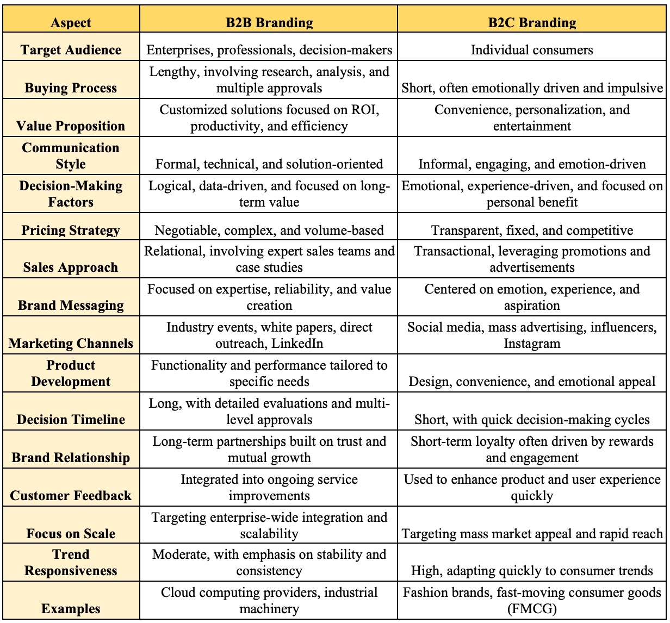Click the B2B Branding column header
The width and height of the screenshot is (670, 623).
(x=269, y=23)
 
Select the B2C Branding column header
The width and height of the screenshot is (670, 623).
(x=532, y=23)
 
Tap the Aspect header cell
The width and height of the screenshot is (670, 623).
(x=71, y=23)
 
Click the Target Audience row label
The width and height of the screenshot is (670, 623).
(x=71, y=50)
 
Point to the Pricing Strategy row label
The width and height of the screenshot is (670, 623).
(x=71, y=230)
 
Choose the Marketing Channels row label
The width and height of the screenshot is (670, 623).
(x=71, y=344)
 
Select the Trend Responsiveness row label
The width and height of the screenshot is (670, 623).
(x=71, y=563)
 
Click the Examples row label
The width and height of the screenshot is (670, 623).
(x=71, y=609)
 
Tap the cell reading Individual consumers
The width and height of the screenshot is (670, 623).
(x=532, y=50)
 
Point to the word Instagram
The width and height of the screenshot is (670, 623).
(x=532, y=344)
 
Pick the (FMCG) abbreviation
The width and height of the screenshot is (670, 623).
(x=532, y=609)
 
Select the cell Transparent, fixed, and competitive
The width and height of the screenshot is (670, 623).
(x=532, y=230)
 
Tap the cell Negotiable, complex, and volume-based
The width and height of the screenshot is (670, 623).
(x=269, y=230)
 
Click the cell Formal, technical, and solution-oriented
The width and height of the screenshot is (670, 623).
(x=269, y=164)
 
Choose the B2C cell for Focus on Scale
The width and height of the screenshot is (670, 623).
(x=532, y=534)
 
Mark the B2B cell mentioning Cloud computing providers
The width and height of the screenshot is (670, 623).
(x=269, y=600)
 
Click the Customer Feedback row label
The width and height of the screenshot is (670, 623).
(x=71, y=496)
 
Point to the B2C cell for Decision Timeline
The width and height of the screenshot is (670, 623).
(x=532, y=420)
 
